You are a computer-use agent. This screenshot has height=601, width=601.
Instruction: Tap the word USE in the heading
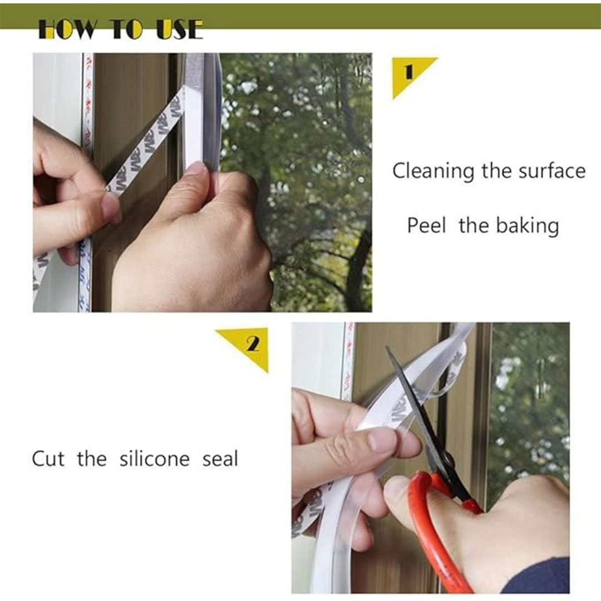(180, 29)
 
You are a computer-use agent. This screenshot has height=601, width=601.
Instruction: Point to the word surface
(552, 171)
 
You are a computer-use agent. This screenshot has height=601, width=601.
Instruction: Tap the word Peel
(426, 225)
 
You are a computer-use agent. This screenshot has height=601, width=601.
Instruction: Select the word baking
(528, 226)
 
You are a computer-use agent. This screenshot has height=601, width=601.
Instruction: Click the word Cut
(48, 459)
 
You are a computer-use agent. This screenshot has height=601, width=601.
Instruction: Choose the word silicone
(155, 459)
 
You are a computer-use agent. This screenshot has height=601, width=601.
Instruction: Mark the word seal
(220, 459)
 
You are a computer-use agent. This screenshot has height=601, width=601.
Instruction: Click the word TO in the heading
(127, 29)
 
